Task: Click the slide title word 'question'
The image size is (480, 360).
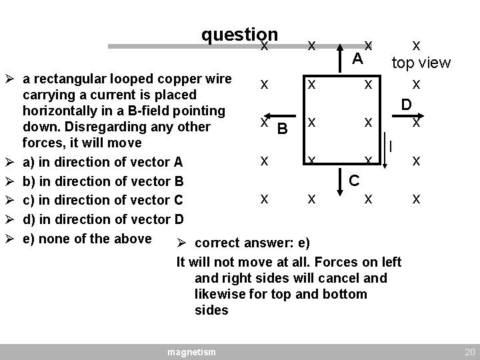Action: pyautogui.click(x=239, y=35)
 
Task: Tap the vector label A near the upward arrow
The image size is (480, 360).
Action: pyautogui.click(x=357, y=59)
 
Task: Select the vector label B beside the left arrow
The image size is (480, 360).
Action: pyautogui.click(x=282, y=127)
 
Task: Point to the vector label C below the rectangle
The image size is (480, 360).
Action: pyautogui.click(x=355, y=180)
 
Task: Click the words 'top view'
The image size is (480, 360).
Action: pyautogui.click(x=421, y=63)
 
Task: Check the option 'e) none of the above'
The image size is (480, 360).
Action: pyautogui.click(x=87, y=238)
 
